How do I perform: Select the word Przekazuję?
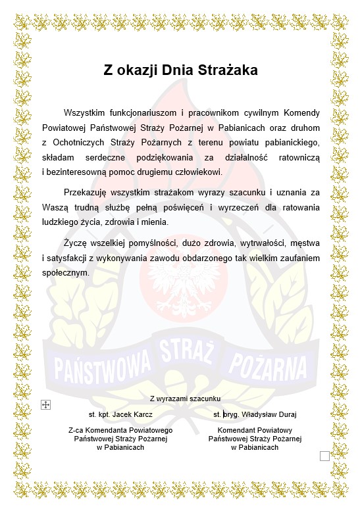[x=86, y=192]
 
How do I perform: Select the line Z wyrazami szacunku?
[x=186, y=399]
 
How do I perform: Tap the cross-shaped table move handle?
[x=45, y=405]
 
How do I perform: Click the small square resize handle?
[x=324, y=456]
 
